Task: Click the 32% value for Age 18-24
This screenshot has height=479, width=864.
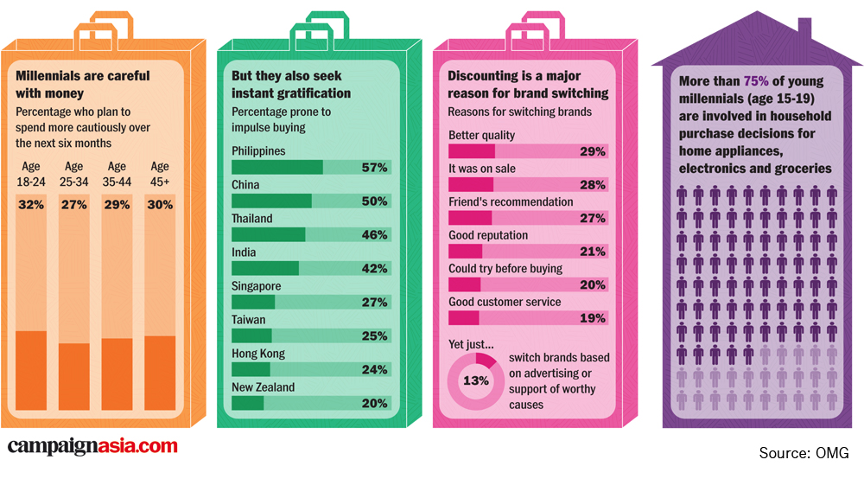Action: pos(31,205)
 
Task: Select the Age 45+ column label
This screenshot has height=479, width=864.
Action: pos(160,172)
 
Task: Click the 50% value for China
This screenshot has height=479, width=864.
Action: pos(373,201)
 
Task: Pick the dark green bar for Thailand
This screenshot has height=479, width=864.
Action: pos(269,234)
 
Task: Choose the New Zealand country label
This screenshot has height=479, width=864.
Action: pos(263,387)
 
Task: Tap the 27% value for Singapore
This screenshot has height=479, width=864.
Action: pos(373,303)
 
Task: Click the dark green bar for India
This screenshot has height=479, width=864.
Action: pos(265,268)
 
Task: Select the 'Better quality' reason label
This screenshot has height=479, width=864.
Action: pos(481,135)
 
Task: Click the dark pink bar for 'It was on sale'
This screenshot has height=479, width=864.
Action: pos(471,184)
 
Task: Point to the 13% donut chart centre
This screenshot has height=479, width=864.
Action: pos(476,380)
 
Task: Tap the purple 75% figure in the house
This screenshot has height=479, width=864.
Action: pos(756,81)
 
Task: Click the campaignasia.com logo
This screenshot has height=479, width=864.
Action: pos(92,447)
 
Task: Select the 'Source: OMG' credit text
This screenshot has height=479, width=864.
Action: pos(804,453)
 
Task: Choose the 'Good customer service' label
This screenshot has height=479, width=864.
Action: pos(505,302)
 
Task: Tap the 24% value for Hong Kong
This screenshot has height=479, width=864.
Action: pos(373,370)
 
